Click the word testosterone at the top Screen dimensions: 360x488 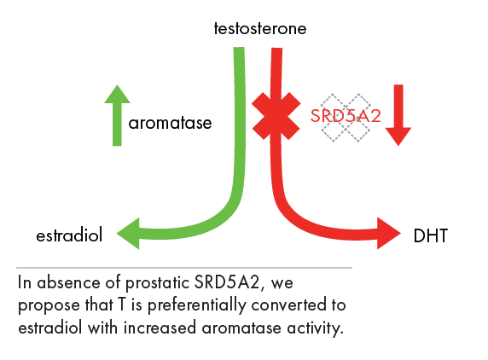coord(260,30)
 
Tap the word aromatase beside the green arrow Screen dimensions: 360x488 coord(170,124)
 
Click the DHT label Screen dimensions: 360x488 coord(431,235)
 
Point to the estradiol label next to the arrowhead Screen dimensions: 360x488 coord(68,235)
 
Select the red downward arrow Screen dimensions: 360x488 coord(398,116)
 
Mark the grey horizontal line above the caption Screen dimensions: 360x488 coord(183,267)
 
